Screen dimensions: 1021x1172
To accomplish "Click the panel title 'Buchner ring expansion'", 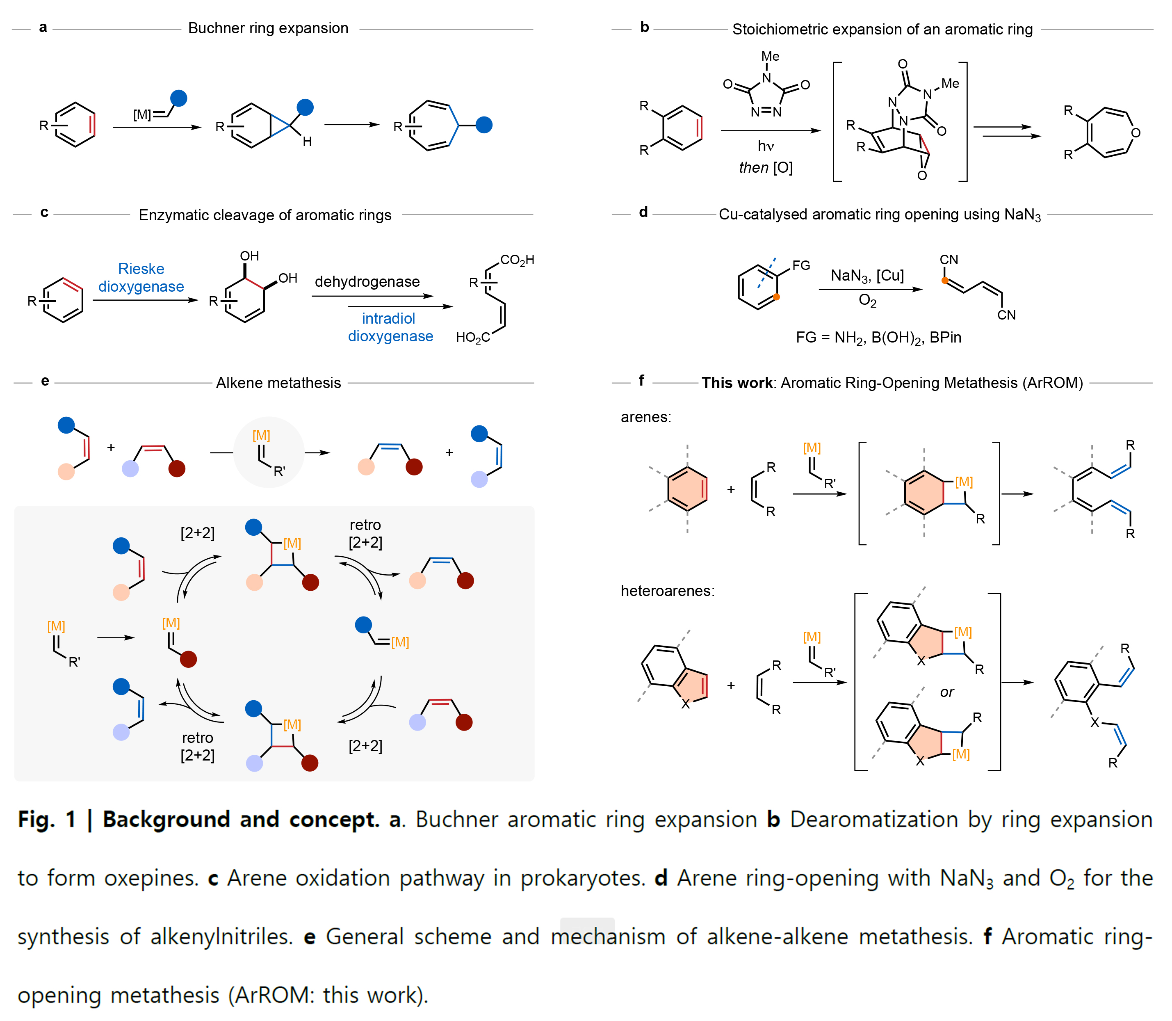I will [x=268, y=28].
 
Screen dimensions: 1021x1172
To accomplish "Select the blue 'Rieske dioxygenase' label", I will [x=141, y=277].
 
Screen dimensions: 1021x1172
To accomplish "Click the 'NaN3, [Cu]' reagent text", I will [x=867, y=276].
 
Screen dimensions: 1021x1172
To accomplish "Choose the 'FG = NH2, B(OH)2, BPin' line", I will [x=878, y=338].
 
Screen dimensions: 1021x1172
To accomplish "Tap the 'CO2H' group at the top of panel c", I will [x=517, y=260].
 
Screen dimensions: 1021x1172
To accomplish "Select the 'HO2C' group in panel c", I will [x=473, y=338].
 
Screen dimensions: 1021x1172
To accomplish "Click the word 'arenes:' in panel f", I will [x=646, y=417].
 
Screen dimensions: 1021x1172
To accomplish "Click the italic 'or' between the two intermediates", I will [x=947, y=692].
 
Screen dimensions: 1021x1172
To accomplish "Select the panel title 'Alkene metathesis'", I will [x=278, y=383].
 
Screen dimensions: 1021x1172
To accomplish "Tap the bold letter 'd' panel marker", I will [x=643, y=212].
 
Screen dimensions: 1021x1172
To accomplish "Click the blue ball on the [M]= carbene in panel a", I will [x=179, y=98].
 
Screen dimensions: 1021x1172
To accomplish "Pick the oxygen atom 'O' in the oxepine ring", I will [x=1136, y=133].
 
